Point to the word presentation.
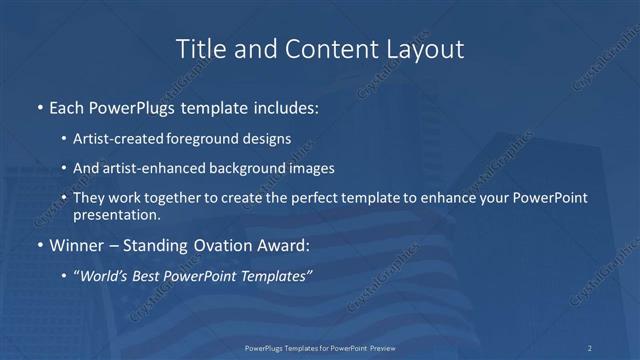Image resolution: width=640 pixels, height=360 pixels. [116, 214]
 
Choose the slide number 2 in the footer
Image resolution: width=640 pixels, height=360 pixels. [589, 348]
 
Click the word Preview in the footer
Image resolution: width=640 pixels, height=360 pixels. [379, 348]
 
